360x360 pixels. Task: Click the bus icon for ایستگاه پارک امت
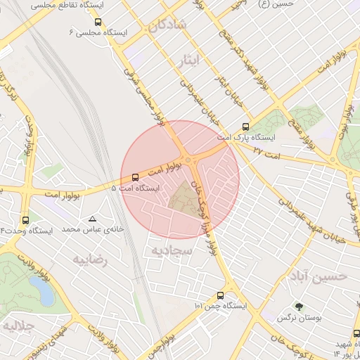(245, 127)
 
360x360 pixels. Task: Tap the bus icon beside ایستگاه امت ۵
(135, 177)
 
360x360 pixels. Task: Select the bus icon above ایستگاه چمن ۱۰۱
(221, 295)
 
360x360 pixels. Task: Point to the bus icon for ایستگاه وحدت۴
(26, 219)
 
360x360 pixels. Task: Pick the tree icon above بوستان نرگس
(299, 307)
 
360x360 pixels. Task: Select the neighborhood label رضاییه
(89, 259)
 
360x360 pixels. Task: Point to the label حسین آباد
(317, 276)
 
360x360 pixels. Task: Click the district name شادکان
(167, 26)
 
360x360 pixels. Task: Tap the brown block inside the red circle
(185, 196)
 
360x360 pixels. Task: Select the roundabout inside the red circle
(188, 160)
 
